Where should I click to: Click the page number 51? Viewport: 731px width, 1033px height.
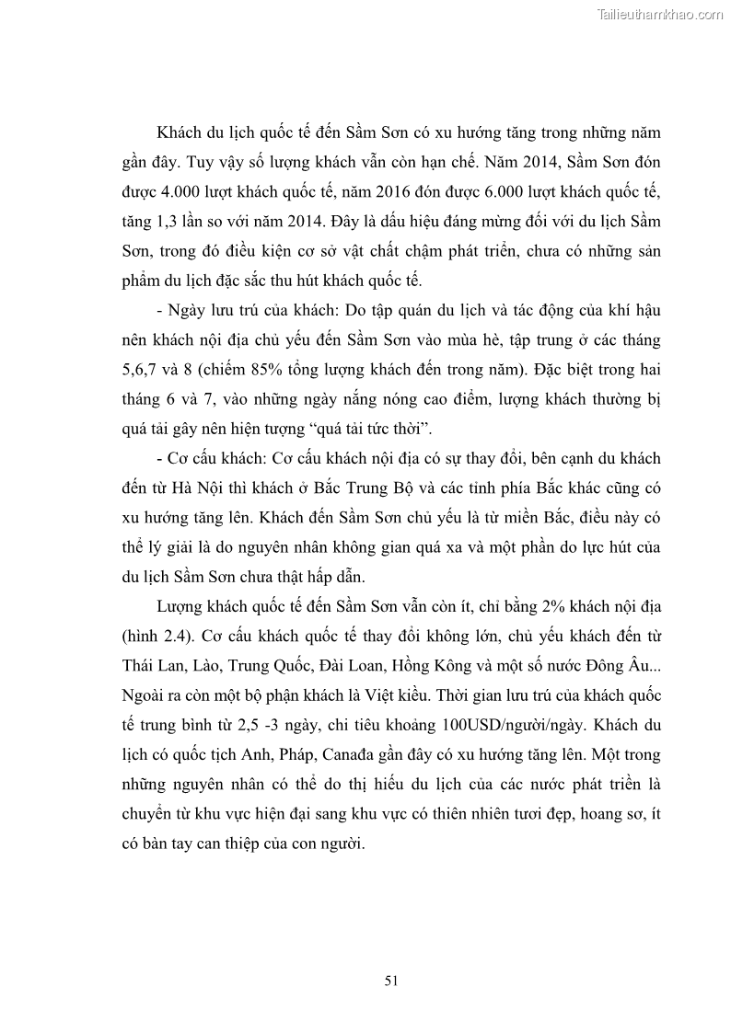click(390, 981)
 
